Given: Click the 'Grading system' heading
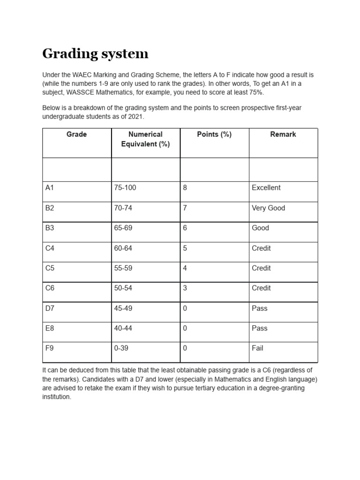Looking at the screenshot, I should [95, 54].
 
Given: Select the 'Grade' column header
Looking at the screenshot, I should [76, 135].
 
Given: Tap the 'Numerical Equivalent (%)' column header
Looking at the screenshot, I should [145, 139].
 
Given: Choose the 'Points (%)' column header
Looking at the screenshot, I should [214, 135].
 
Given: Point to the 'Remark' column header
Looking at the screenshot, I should [283, 135].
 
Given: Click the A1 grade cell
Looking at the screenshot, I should [50, 188].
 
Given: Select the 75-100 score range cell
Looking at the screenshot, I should [125, 188].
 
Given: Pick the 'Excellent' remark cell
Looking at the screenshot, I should [266, 188].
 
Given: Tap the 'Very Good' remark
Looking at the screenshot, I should [269, 208].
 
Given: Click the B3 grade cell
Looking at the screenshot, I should [50, 228].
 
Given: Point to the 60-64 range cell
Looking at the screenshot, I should [123, 248].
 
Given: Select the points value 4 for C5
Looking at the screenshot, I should [185, 269].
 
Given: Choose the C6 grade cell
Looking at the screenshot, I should [50, 288].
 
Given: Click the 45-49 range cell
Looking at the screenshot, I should [123, 308].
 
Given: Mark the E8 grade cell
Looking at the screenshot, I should [50, 329].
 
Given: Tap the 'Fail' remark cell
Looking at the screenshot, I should [258, 348].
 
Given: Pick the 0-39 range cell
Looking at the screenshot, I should [121, 348].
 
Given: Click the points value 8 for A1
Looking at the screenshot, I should [185, 188].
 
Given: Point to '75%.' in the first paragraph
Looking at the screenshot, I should [255, 92].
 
